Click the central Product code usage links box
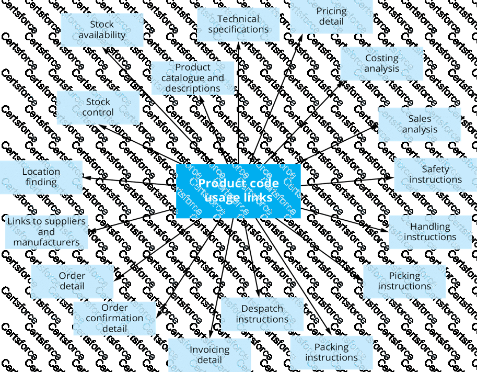pos(238,191)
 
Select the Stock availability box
pos(102,30)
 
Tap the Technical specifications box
pos(238,25)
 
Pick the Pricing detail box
pos(331,16)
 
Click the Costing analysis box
pos(381,63)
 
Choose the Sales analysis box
pos(420,125)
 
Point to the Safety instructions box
pos(435,174)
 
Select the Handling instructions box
pos(430,232)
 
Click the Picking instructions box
pos(404,281)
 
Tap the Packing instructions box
pos(331,352)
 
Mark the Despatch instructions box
pos(262,314)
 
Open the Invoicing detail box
pos(209,355)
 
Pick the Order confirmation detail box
pos(114,318)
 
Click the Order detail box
pos(72,281)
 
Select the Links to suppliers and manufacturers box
pos(46,232)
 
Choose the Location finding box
pos(41,177)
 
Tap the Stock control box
pos(98,107)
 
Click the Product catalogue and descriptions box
pos(192,78)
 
